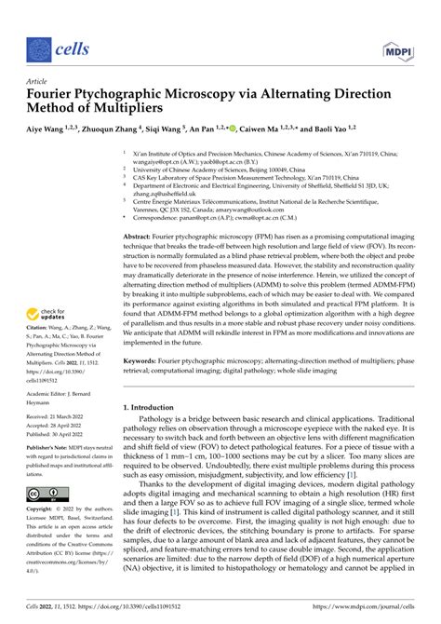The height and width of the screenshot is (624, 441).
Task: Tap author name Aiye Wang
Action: point(54,129)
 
